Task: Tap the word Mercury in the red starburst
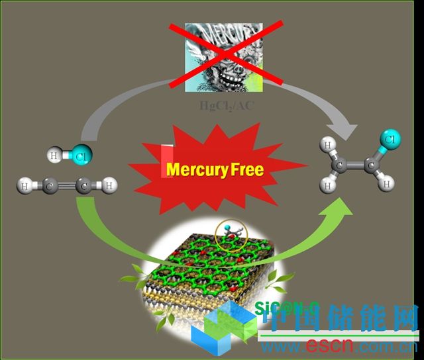coord(196,169)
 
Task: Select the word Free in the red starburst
coord(247,169)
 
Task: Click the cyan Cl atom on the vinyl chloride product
coord(390,140)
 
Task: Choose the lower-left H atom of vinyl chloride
coord(327,187)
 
